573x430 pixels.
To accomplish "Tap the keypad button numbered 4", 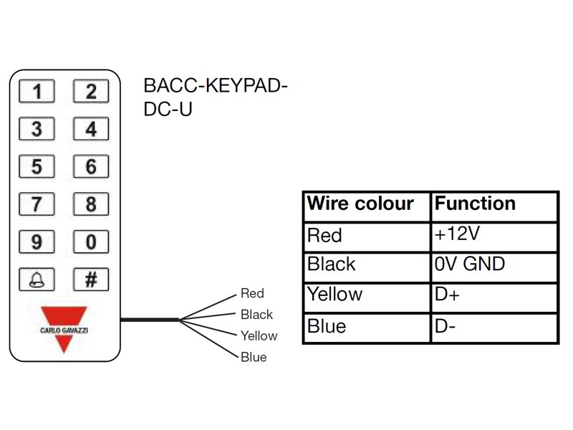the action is [91, 129].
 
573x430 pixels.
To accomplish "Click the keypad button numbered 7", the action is [37, 204].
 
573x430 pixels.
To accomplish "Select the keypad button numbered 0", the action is [91, 242].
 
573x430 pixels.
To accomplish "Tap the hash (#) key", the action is [91, 279].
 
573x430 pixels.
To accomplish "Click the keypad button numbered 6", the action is [91, 166].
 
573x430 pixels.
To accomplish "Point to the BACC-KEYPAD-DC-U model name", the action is [216, 97].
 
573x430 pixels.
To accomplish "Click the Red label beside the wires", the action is [252, 293].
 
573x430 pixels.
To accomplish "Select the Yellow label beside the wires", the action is [259, 335].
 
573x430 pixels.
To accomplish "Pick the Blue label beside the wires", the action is [254, 357].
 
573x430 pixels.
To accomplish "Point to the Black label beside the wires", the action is [256, 315].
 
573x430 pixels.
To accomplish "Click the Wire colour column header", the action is [360, 204].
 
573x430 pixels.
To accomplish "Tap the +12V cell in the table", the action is [494, 237].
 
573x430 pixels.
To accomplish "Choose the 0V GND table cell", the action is [494, 267].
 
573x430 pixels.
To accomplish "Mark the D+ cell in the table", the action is [494, 298].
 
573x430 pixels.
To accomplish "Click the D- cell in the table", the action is [494, 328].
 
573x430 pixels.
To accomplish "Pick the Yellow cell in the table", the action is [367, 298].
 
